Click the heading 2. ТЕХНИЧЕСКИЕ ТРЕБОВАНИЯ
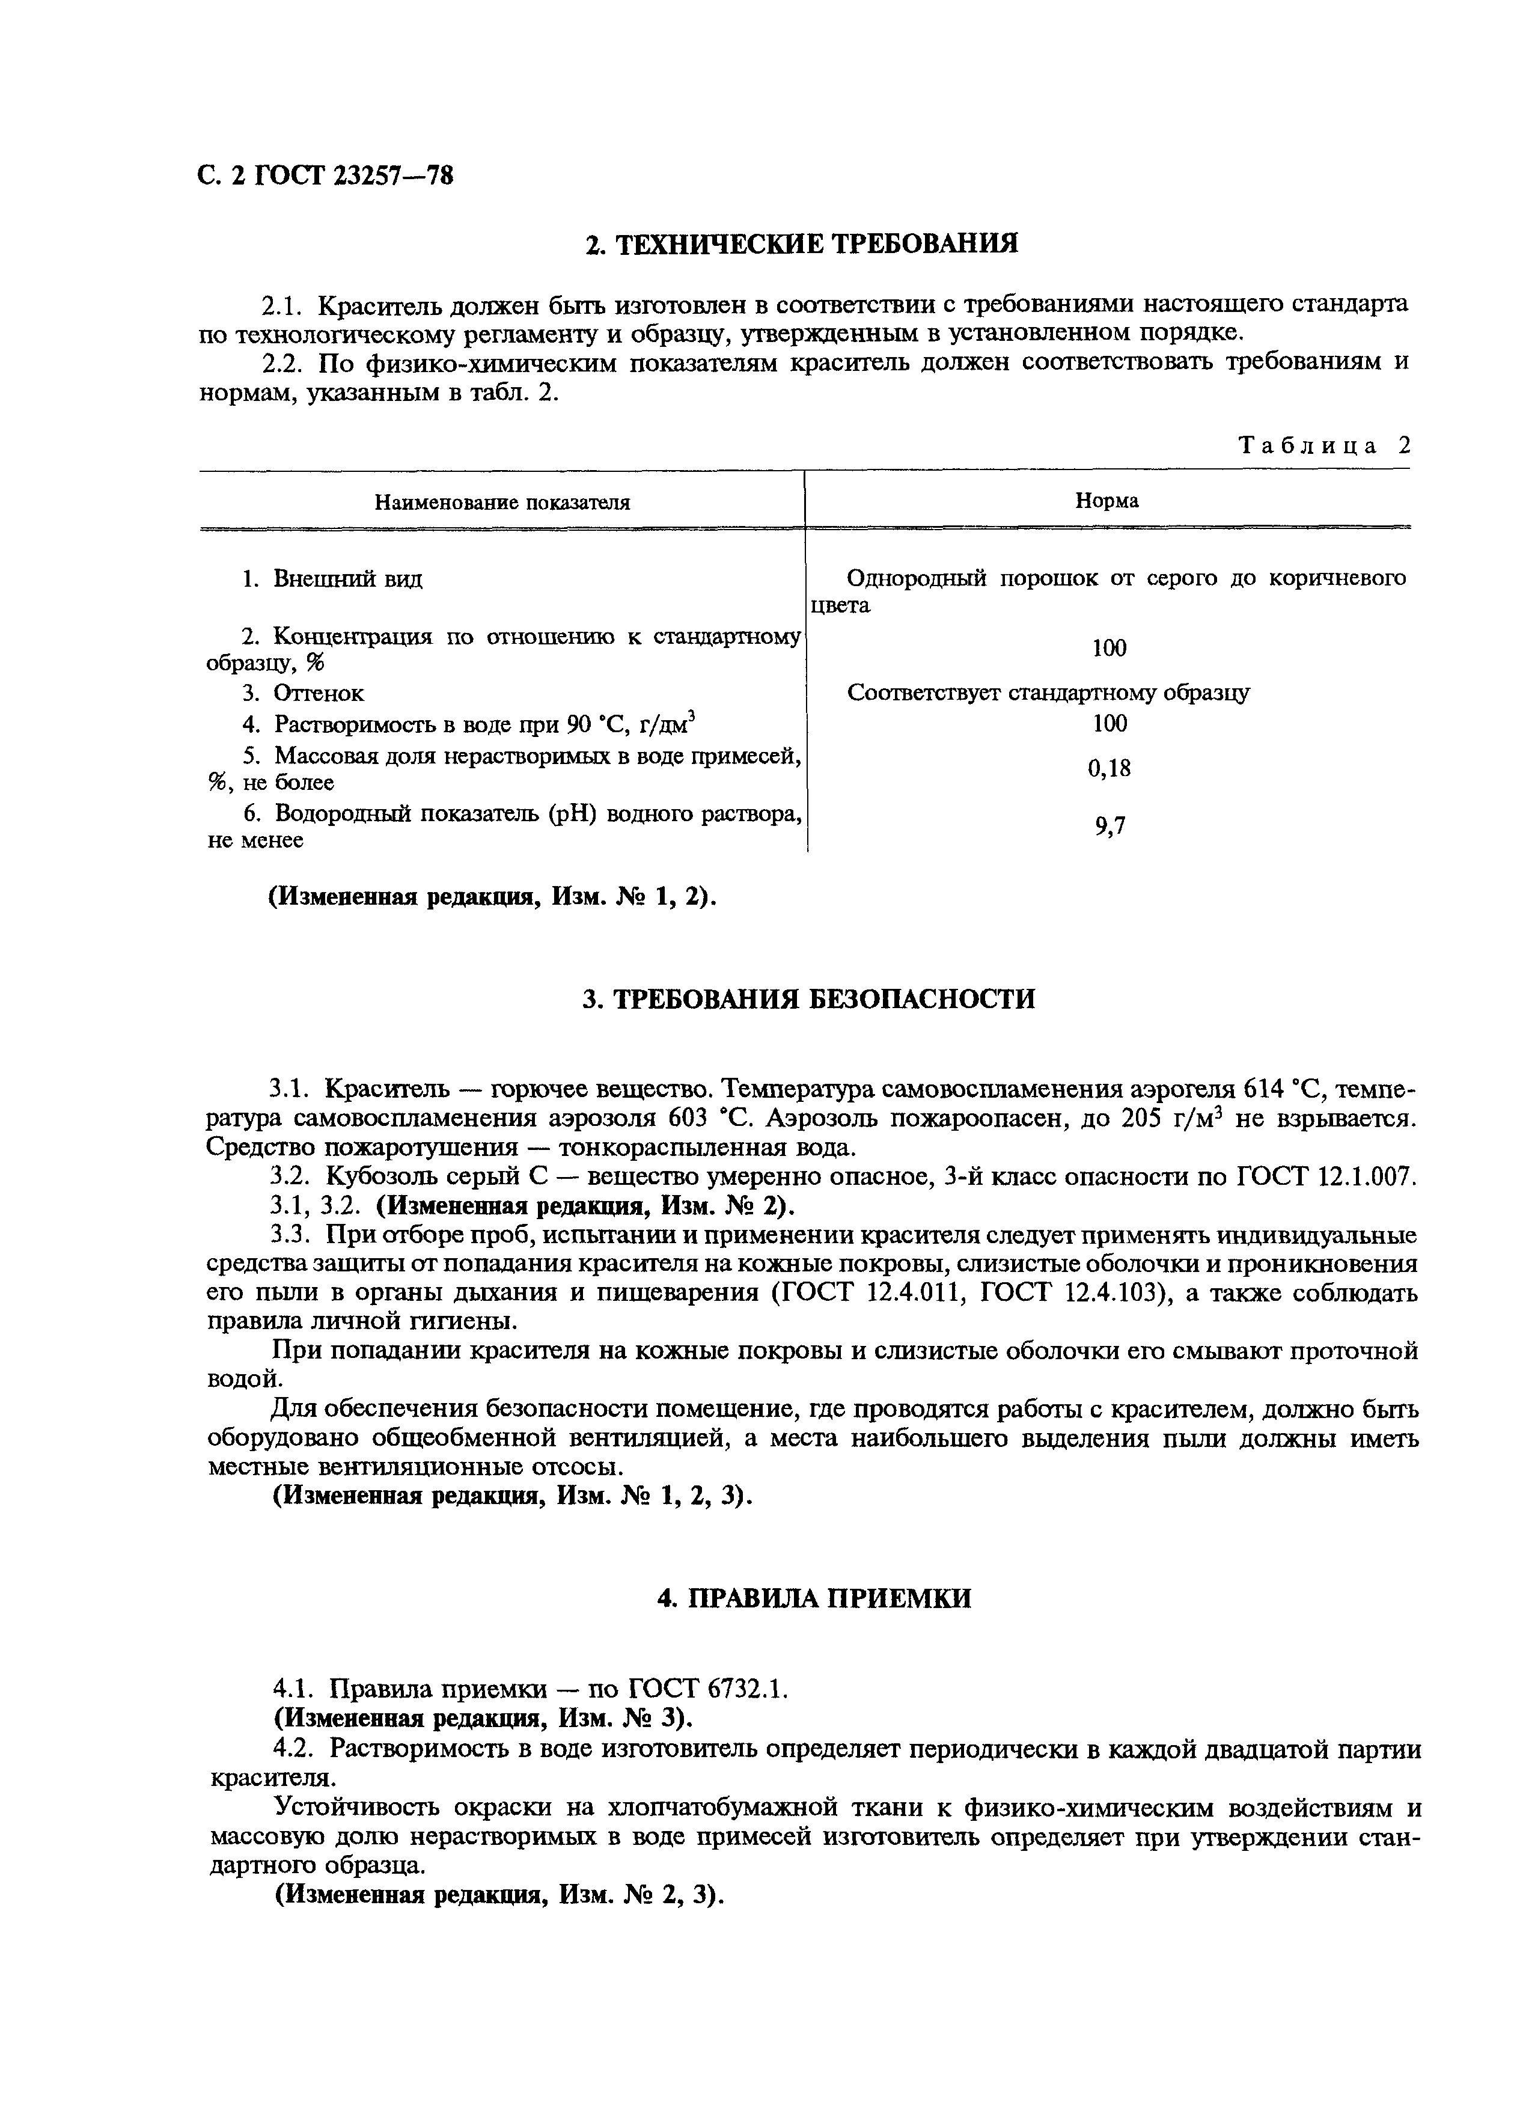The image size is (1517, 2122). coord(801,245)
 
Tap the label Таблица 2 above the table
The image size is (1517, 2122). coord(1323,445)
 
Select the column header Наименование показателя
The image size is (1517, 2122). coord(502,503)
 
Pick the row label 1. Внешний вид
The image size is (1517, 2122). coord(332,579)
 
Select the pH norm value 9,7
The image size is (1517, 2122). coord(1110,826)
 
